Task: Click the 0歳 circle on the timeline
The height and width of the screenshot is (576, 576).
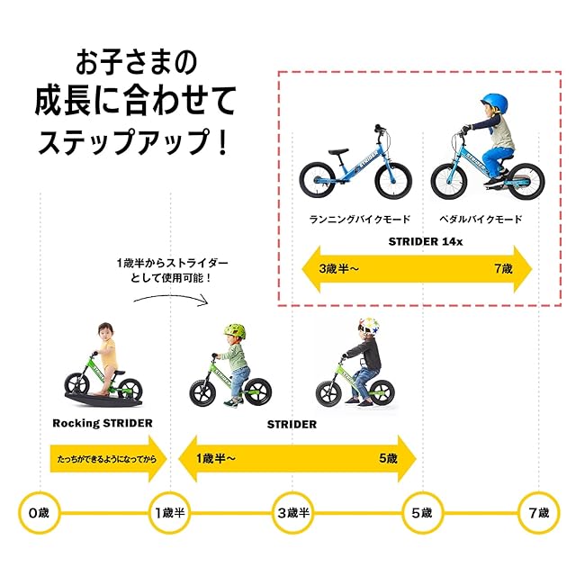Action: pyautogui.click(x=38, y=513)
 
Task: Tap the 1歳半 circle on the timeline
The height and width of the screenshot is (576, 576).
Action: pyautogui.click(x=171, y=513)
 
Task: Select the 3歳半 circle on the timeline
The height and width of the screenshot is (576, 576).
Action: pyautogui.click(x=293, y=513)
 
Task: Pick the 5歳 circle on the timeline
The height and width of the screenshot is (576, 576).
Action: pyautogui.click(x=420, y=513)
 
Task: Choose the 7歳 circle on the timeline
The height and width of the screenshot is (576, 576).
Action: pyautogui.click(x=538, y=513)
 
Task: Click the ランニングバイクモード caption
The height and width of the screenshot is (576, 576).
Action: pyautogui.click(x=359, y=219)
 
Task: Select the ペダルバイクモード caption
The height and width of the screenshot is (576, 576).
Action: pyautogui.click(x=480, y=219)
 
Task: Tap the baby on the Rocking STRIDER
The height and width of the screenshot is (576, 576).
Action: pyautogui.click(x=106, y=346)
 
